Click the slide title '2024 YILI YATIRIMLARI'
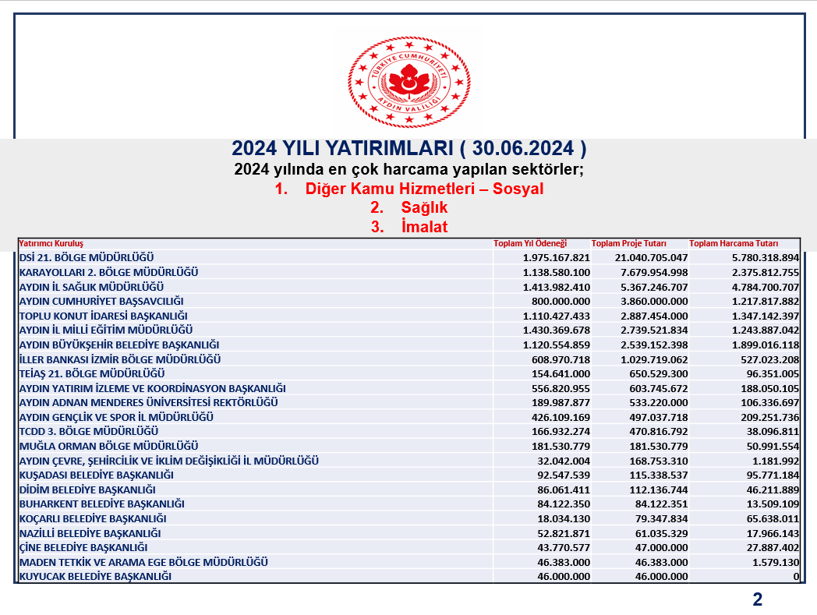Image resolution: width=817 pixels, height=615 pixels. coord(409,148)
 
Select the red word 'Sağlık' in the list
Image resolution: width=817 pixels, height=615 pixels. coord(424,208)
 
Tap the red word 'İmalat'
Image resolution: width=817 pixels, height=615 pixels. coord(424,227)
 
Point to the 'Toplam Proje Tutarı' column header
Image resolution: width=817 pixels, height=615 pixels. coord(629,243)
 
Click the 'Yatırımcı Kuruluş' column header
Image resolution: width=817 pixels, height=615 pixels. coord(51,243)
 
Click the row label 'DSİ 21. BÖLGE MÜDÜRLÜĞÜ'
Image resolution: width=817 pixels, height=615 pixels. coord(87,257)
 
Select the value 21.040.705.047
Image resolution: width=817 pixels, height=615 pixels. coord(641,257)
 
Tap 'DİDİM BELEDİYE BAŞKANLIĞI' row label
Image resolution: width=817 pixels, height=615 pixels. coord(87,490)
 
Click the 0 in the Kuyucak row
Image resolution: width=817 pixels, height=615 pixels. coord(796,577)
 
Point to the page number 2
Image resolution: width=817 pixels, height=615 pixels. coord(757,599)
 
